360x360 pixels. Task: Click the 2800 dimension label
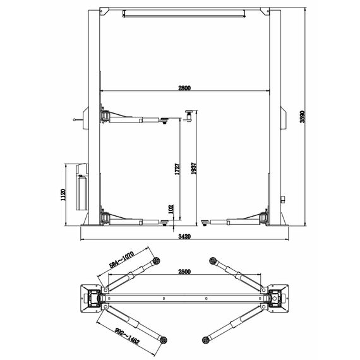click(x=184, y=88)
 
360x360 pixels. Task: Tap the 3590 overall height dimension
click(x=303, y=117)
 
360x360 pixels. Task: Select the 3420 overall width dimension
click(x=184, y=236)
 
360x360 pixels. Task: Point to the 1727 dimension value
click(x=177, y=169)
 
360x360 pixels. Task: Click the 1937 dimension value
click(x=194, y=169)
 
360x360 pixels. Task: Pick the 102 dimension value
click(x=171, y=209)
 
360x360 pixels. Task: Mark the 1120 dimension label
click(x=63, y=195)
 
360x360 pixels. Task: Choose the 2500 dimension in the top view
click(x=184, y=272)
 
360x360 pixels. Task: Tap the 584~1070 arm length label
click(x=121, y=260)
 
